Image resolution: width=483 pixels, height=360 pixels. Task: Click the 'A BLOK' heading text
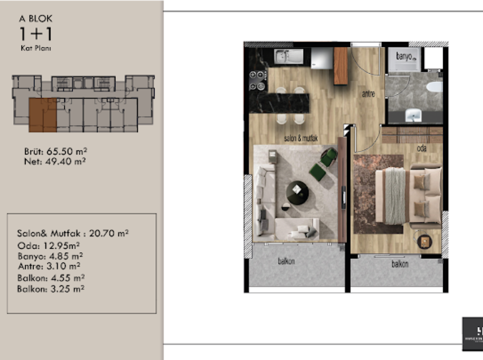(x=36, y=18)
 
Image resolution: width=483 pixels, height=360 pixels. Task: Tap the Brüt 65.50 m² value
(x=56, y=152)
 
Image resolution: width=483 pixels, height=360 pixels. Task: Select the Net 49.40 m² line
(x=55, y=162)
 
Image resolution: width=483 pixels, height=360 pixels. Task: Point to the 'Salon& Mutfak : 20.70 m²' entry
(x=73, y=233)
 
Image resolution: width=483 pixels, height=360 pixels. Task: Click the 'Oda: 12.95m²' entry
(x=48, y=246)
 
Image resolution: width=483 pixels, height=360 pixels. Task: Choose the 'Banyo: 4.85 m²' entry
(x=50, y=256)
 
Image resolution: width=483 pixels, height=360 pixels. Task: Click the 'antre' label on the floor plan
(x=368, y=94)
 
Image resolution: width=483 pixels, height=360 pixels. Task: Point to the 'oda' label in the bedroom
(x=421, y=149)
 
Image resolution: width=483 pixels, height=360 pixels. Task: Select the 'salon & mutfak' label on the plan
(x=301, y=138)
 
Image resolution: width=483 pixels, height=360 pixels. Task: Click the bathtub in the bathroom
(x=434, y=87)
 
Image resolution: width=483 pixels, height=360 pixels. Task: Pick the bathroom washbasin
(x=414, y=115)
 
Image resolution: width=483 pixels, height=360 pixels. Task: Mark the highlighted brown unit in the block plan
(x=43, y=115)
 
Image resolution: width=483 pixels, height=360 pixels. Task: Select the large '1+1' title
(x=35, y=34)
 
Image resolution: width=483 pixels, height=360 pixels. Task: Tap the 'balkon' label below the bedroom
(x=400, y=264)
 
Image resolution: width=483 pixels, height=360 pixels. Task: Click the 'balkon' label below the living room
(x=286, y=261)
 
